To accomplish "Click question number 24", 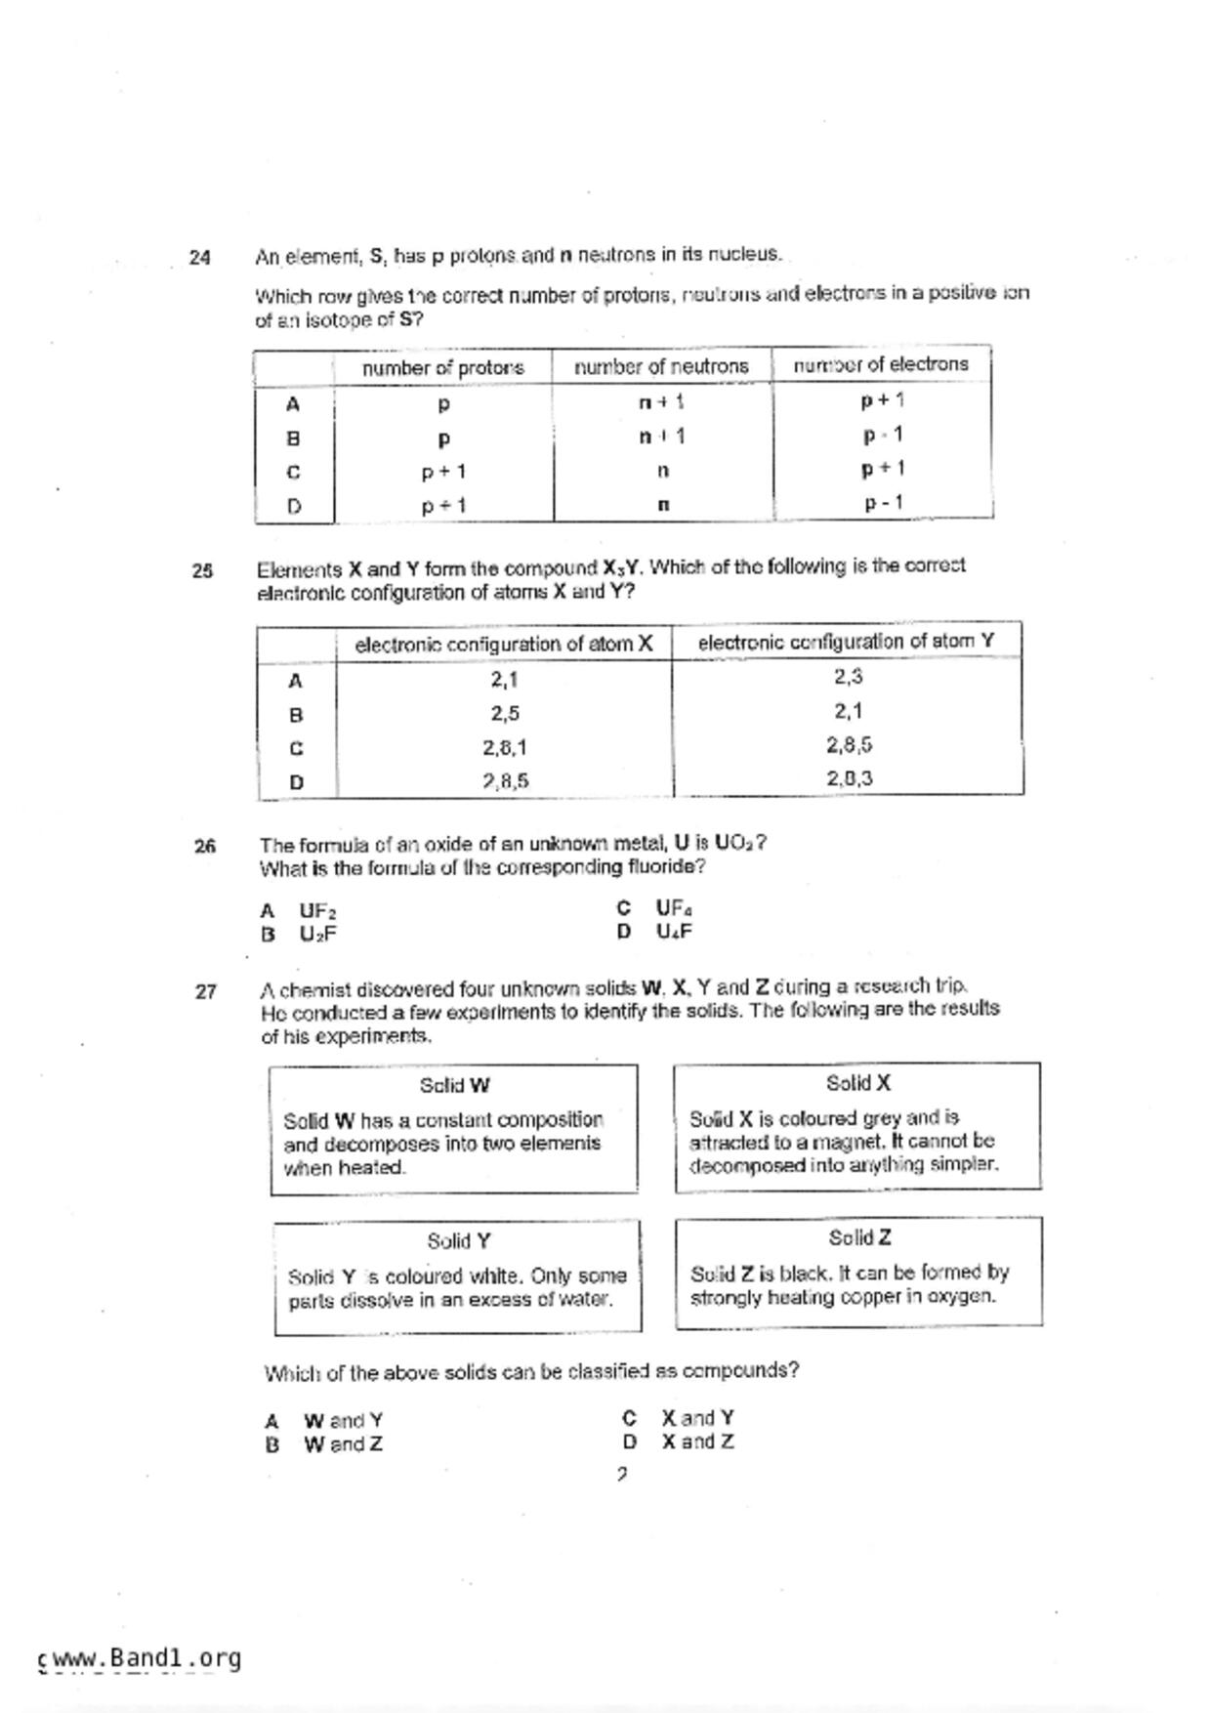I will coord(199,258).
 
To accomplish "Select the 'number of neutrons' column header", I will coord(661,366).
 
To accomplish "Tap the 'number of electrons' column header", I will coord(881,364).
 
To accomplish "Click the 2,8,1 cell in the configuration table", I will coord(505,747).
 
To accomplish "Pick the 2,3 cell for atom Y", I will coord(848,676).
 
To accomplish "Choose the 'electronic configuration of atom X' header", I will coord(504,644).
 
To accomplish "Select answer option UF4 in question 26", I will coord(674,908).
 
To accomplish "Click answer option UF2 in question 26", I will coord(317,911).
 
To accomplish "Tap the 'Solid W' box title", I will coord(454,1085).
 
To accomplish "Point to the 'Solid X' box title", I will coord(857,1083).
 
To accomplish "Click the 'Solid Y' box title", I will coord(458,1241).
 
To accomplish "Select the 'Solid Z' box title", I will coord(859,1238).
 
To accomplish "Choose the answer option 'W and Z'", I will coord(343,1444).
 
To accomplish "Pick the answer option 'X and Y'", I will coord(697,1418).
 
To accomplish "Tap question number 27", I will coord(205,992).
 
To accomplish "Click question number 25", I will coord(202,571).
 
